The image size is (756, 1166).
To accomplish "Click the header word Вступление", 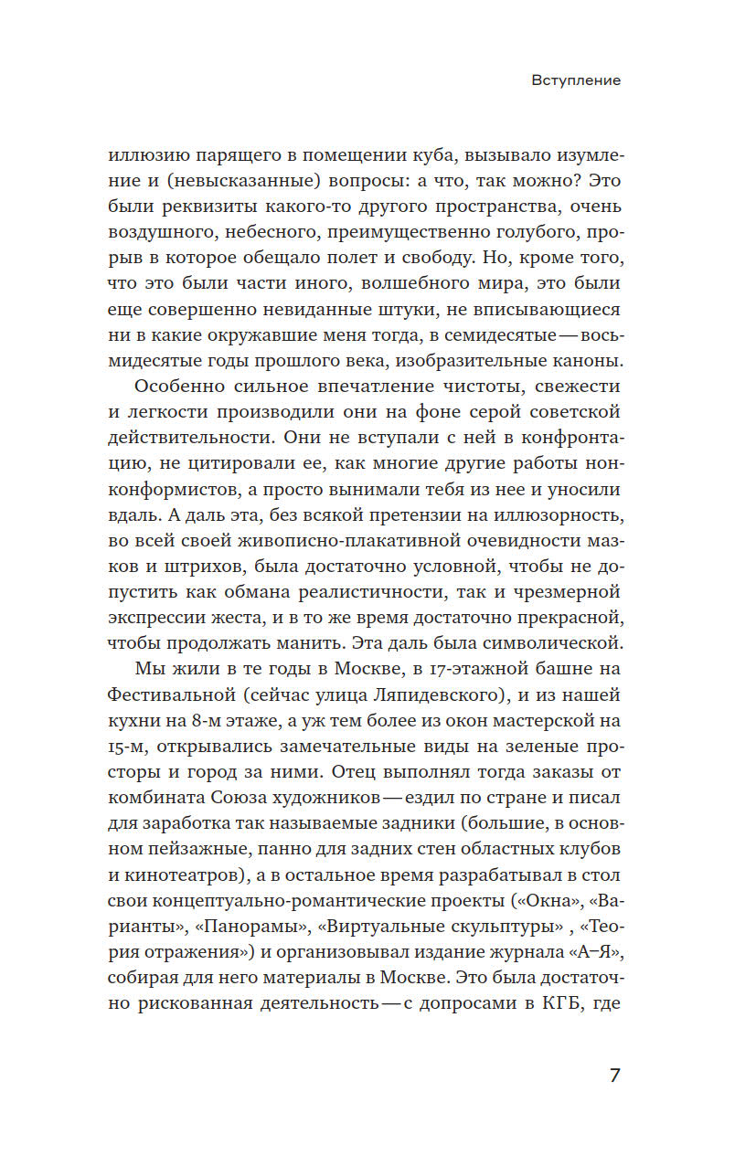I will (576, 80).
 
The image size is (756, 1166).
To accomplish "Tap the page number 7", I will (614, 1075).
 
